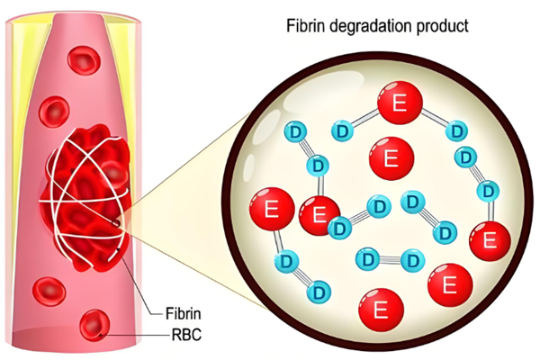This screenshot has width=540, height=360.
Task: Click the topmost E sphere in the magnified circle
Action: [x=398, y=104]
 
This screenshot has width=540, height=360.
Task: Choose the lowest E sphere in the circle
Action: [x=380, y=310]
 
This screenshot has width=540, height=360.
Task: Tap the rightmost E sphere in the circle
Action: [x=491, y=240]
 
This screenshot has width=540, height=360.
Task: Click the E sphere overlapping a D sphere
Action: [x=318, y=215]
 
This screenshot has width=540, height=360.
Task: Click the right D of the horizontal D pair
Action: [x=412, y=260]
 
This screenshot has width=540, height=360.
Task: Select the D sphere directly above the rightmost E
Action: [x=488, y=192]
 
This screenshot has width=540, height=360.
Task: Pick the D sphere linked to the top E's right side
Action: [x=448, y=132]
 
